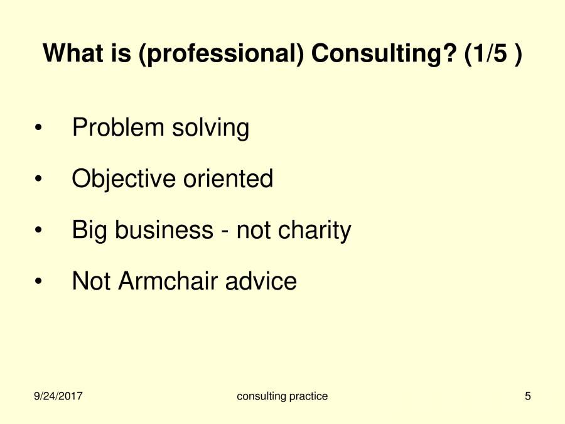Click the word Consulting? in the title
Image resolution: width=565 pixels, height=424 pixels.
tap(384, 54)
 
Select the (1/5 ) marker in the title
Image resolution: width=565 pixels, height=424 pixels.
tap(493, 54)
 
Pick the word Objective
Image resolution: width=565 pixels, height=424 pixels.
tap(124, 180)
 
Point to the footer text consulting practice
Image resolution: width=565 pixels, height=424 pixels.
tap(282, 396)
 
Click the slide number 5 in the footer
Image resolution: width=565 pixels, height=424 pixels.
tap(528, 396)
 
